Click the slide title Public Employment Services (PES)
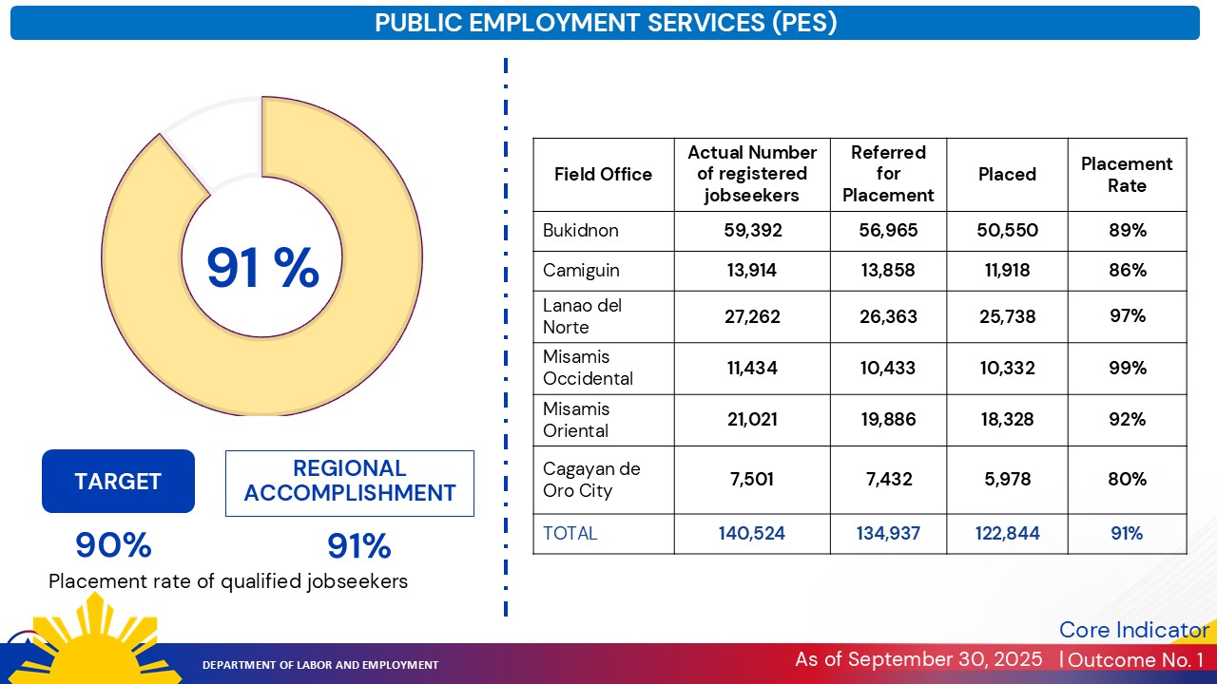coord(606,23)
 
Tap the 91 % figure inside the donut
coord(262,268)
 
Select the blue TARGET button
coord(118,482)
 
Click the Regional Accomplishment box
coord(350,482)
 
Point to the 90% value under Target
coord(114,545)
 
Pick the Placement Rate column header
coord(1127,175)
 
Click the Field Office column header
coord(603,175)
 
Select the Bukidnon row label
coord(581,231)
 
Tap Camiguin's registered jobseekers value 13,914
coord(752,271)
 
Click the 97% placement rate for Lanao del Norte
coord(1127,315)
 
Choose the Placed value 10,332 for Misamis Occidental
coord(1007,369)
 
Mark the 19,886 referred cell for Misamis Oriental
coord(888,420)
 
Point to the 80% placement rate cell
coord(1127,480)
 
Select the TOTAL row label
coord(570,534)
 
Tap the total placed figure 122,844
coord(1007,534)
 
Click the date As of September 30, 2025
coord(918,659)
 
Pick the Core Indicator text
coord(1133,630)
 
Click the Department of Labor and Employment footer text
coord(320,665)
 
